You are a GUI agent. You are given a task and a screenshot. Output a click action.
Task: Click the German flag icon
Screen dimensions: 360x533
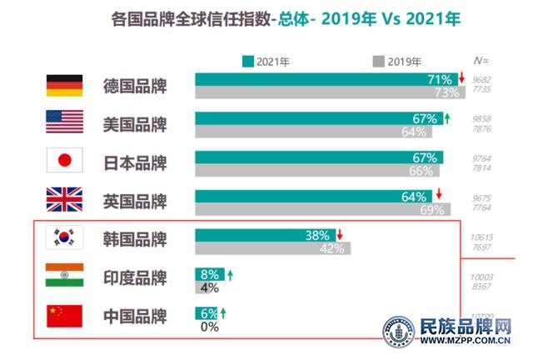click(64, 85)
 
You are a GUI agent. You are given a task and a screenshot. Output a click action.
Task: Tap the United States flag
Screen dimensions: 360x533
click(64, 122)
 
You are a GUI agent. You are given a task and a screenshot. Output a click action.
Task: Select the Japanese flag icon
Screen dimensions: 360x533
click(64, 161)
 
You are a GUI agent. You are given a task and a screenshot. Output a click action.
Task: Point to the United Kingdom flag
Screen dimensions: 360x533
click(64, 200)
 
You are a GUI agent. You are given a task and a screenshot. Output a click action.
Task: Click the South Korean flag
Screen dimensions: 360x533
click(64, 238)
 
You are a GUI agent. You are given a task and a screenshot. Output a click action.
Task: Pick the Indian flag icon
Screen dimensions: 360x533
click(64, 277)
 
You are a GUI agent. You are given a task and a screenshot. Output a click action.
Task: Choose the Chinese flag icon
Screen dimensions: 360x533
click(64, 315)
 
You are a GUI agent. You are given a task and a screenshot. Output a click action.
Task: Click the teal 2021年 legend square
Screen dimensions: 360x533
click(247, 61)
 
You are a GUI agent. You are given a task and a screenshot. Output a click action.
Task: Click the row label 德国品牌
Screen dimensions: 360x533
click(135, 86)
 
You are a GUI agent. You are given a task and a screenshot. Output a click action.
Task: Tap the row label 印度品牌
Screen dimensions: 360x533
click(135, 277)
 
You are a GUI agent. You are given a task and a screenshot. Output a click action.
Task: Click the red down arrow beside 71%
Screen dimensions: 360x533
click(460, 79)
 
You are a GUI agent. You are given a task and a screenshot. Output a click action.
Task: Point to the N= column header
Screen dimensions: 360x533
click(481, 61)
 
